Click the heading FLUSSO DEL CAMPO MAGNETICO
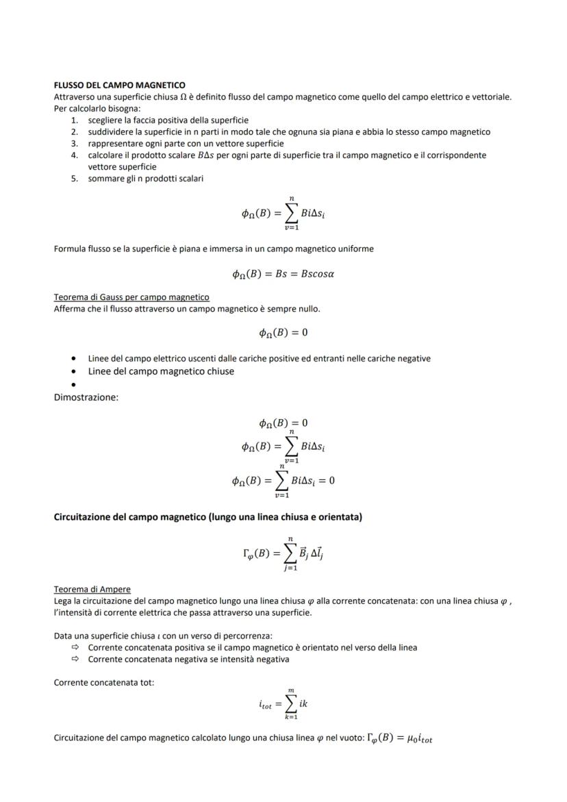[x=119, y=86]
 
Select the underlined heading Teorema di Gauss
[x=131, y=297]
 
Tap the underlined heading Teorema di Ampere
[x=92, y=589]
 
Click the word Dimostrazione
[x=86, y=397]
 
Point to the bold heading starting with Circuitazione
[x=207, y=516]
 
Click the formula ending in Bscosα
[x=283, y=274]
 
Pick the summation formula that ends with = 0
[x=283, y=480]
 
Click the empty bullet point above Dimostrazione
[x=73, y=385]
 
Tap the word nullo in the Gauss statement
[x=307, y=309]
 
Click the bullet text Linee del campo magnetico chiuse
[x=161, y=371]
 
